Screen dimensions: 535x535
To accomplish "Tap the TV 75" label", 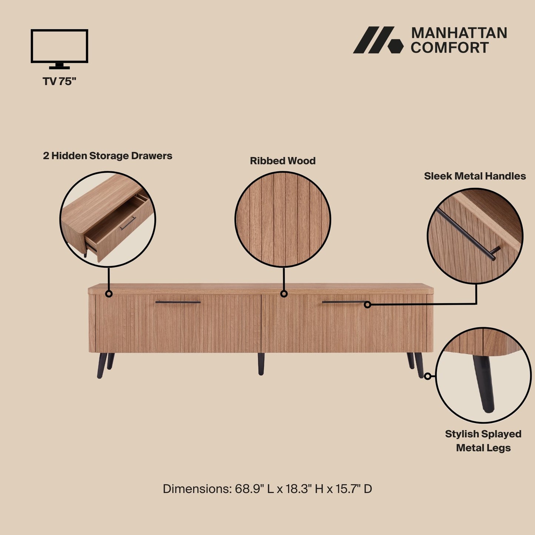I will pyautogui.click(x=59, y=81).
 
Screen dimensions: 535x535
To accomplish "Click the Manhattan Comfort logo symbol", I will pyautogui.click(x=378, y=40).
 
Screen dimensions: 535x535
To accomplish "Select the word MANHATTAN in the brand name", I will pyautogui.click(x=459, y=33).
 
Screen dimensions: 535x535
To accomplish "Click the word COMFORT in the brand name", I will pyautogui.click(x=449, y=48).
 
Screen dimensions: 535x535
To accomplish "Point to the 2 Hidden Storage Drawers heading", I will pyautogui.click(x=107, y=156).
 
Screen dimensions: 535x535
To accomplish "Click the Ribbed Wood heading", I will pyautogui.click(x=282, y=161).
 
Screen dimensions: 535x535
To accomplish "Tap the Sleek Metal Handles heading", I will pyautogui.click(x=475, y=176).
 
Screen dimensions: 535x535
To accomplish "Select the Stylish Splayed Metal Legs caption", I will pyautogui.click(x=483, y=441).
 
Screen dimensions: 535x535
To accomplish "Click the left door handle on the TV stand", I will pyautogui.click(x=178, y=302).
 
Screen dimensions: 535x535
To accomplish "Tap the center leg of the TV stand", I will pyautogui.click(x=261, y=364).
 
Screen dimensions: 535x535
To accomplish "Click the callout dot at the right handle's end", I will pyautogui.click(x=367, y=304).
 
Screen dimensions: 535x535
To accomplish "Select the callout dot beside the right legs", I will pyautogui.click(x=428, y=376).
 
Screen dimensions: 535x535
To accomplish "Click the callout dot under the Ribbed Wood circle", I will pyautogui.click(x=284, y=294).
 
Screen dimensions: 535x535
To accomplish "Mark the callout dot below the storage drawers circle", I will pyautogui.click(x=108, y=294).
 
